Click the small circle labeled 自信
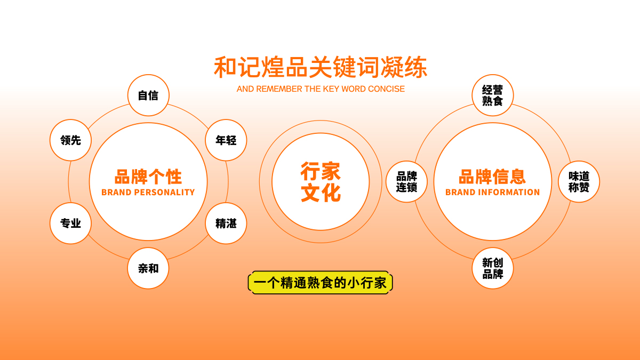point(148,95)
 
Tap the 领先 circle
point(70,140)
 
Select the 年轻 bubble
point(226,140)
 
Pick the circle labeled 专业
point(70,223)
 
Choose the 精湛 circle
point(226,223)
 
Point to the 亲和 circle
point(148,268)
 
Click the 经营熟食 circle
point(493,95)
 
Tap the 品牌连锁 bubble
point(406,182)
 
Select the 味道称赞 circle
point(579,182)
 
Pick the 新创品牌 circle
point(493,268)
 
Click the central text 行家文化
point(321,182)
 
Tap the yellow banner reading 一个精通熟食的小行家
point(321,283)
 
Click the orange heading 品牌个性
point(148,177)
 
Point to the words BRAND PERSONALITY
point(148,193)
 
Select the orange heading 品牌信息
point(492,177)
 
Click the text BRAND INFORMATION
point(493,193)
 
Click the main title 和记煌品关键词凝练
point(321,67)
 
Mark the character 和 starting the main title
point(225,67)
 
